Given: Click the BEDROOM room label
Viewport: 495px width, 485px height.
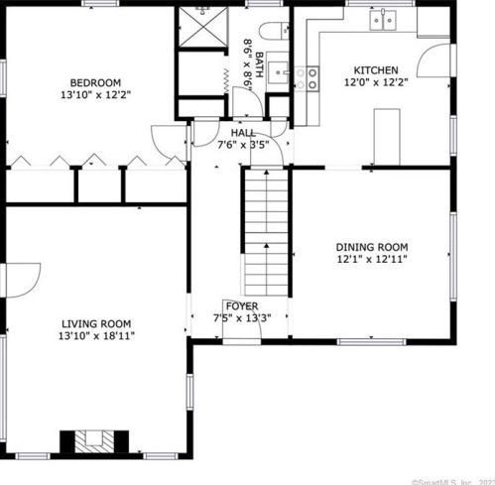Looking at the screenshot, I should [x=94, y=82].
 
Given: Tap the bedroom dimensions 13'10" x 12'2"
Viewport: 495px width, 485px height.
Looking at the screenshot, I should [x=94, y=96].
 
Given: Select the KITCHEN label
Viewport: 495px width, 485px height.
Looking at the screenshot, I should [x=376, y=70].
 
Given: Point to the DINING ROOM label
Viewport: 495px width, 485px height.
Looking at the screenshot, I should [x=371, y=247].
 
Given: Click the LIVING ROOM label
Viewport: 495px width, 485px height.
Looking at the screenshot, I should [x=96, y=323].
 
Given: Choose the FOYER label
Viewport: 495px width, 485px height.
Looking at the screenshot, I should [x=241, y=305].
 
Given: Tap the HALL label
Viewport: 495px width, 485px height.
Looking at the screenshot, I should [x=243, y=132].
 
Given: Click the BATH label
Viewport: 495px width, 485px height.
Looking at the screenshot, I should [x=260, y=65].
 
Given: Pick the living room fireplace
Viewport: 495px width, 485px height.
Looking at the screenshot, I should [x=94, y=439].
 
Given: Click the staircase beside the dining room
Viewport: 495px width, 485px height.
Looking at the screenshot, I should [x=264, y=227].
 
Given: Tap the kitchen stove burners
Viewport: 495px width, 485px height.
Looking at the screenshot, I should [x=311, y=78].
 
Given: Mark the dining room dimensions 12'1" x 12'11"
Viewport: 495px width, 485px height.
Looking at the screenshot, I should [x=371, y=260].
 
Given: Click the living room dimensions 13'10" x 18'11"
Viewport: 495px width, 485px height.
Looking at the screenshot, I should [x=96, y=336].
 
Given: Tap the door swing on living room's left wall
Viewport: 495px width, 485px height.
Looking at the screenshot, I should [x=24, y=278].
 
